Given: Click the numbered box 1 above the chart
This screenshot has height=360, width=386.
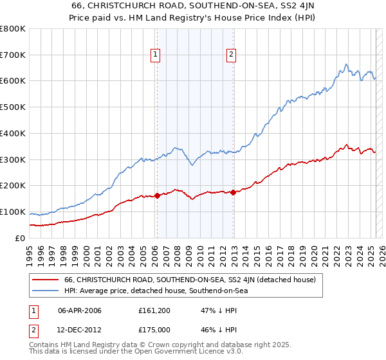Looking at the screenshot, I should [x=156, y=55].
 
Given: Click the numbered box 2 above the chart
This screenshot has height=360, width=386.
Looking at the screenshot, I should [x=231, y=55].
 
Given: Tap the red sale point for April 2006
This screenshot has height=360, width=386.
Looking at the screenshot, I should [x=157, y=196].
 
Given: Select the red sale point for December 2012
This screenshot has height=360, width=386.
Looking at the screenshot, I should [x=233, y=192].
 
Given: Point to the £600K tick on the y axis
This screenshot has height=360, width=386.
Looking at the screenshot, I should [x=14, y=81].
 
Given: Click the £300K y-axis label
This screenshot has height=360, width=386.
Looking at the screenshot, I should [x=14, y=159].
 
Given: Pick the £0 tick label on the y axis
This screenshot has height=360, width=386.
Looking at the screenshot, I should [x=21, y=238].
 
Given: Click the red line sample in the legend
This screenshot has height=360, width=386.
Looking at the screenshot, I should [x=45, y=280].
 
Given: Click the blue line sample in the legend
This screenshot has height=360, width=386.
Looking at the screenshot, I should [x=45, y=291].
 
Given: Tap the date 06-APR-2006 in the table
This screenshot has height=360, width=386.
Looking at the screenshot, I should [x=80, y=310].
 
